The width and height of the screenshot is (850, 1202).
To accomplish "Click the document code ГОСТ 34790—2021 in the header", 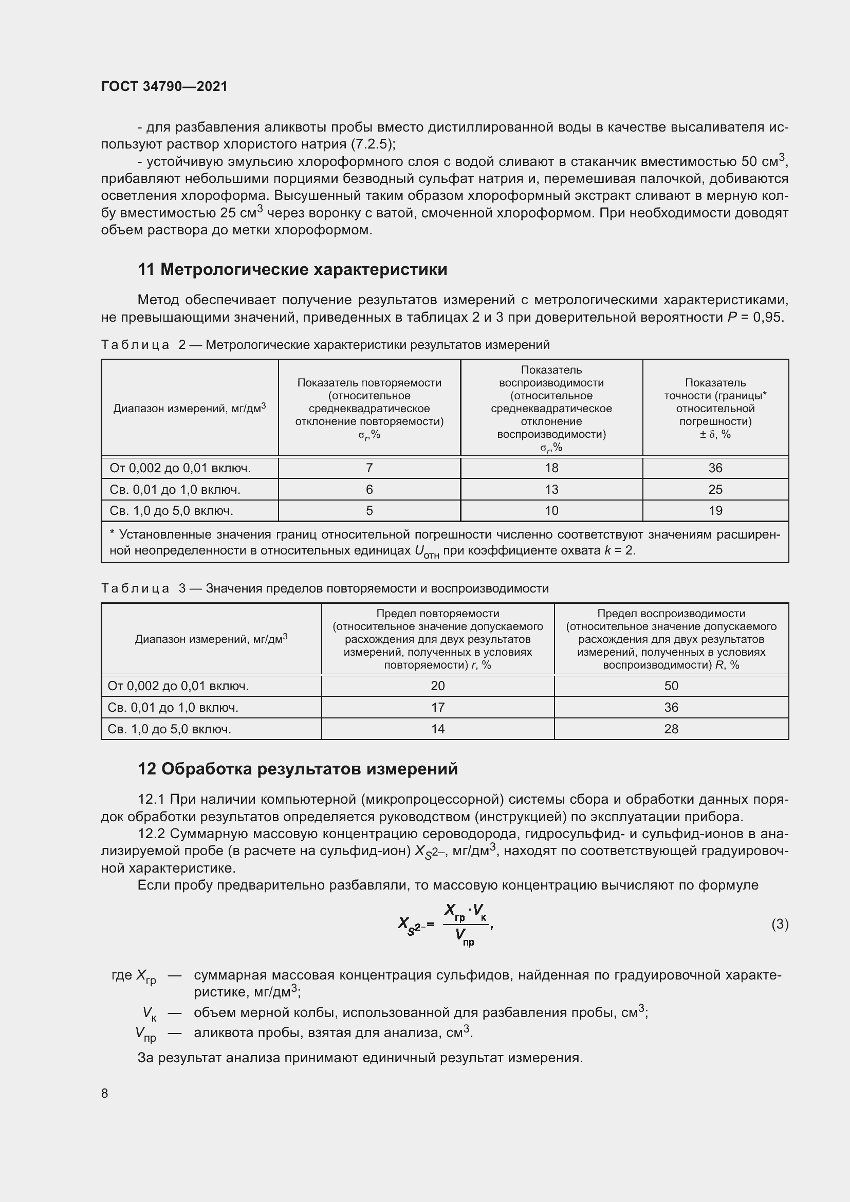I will [164, 86].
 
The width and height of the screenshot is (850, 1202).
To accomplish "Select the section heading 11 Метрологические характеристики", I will [292, 270].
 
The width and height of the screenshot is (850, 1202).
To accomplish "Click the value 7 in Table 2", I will [369, 468].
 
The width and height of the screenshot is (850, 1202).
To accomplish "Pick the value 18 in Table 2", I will [551, 468].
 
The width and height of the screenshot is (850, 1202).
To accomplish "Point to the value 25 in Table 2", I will [715, 490].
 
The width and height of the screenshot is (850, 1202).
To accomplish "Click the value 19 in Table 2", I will [715, 510].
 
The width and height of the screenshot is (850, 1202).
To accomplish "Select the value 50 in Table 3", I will [671, 686].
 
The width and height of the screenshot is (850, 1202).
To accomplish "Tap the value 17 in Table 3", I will [437, 707].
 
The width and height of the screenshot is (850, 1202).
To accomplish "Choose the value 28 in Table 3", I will [671, 729].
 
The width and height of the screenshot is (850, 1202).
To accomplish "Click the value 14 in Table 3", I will [437, 729].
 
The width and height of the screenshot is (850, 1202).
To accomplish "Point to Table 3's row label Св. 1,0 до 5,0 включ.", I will [169, 729].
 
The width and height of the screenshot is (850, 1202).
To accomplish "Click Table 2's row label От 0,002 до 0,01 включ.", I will [180, 468].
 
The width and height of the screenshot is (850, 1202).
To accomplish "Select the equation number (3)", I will [780, 924].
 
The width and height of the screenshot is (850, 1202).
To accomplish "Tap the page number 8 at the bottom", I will [105, 1093].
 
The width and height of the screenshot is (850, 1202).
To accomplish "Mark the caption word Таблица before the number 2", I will [135, 345].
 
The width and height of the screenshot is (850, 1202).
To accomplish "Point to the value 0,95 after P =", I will [768, 317].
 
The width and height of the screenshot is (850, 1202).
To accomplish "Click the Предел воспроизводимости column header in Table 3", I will [671, 639].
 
